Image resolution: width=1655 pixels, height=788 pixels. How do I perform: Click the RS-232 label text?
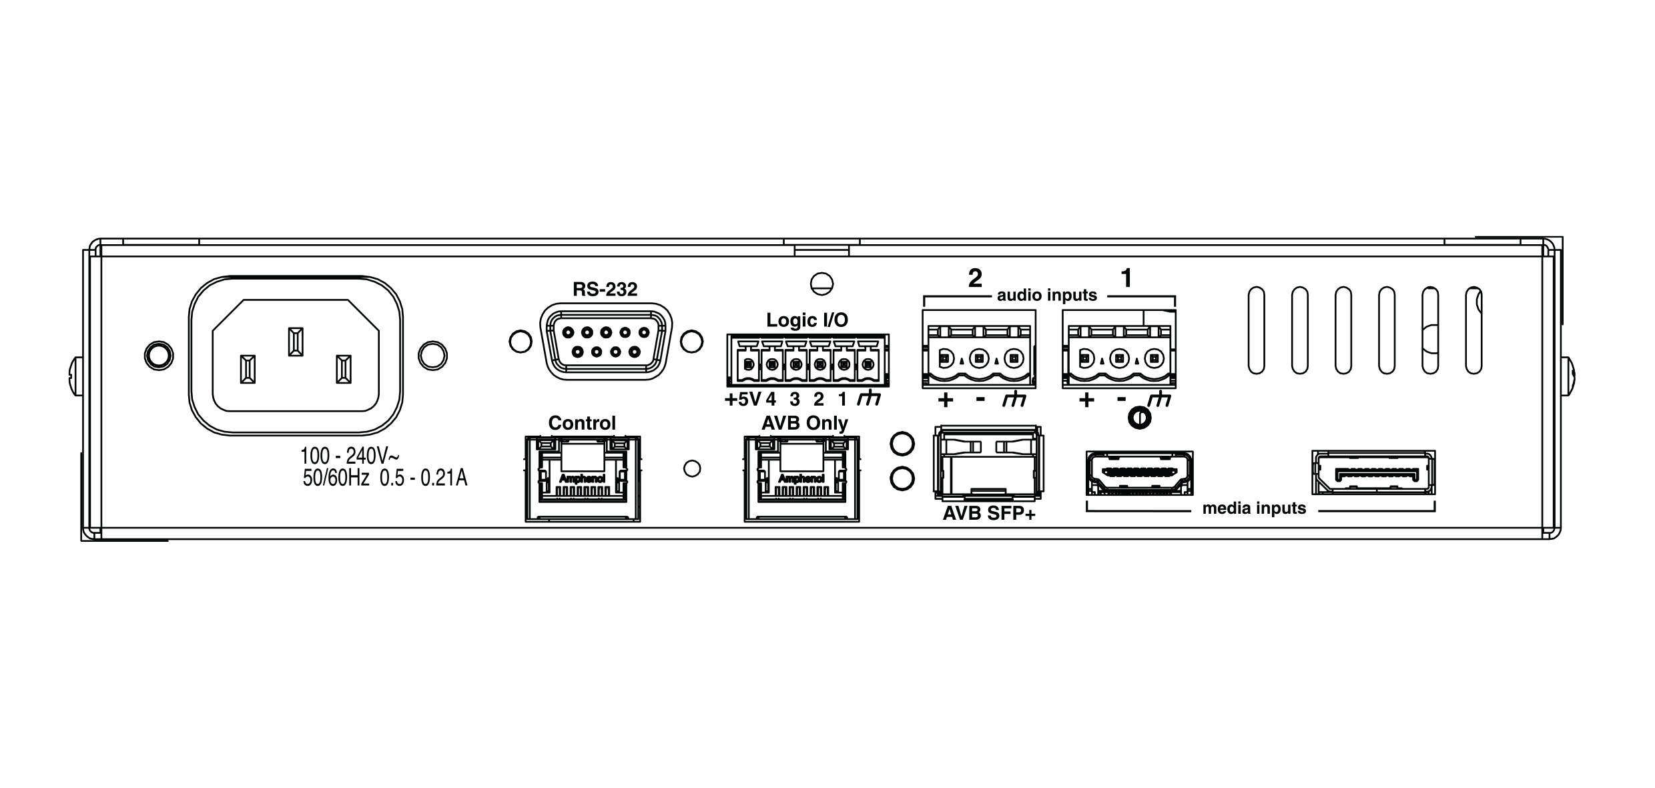[605, 290]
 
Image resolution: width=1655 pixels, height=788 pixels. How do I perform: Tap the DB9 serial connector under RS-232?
[606, 342]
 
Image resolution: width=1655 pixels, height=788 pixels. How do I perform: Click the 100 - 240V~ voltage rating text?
[350, 456]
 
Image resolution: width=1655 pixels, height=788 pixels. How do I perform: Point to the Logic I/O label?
[807, 320]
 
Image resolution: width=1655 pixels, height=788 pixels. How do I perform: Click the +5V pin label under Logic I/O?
[742, 400]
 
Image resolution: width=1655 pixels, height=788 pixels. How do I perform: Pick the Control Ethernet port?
[583, 478]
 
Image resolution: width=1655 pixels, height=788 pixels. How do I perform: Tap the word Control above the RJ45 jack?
[582, 423]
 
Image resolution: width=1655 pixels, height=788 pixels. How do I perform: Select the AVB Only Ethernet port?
[801, 478]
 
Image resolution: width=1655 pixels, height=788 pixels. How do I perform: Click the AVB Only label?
[805, 423]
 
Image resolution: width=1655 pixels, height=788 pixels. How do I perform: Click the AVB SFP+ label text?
[988, 514]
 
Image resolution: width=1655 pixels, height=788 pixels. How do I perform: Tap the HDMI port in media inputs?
[1139, 472]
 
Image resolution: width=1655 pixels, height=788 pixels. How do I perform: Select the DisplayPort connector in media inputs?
[1373, 472]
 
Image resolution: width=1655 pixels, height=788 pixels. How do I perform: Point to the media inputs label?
[1254, 508]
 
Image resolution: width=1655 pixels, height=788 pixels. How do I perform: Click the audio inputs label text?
[1046, 295]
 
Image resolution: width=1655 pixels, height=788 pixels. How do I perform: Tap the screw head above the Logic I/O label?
[821, 284]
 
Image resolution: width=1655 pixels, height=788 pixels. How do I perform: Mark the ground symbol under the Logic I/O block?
[869, 399]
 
